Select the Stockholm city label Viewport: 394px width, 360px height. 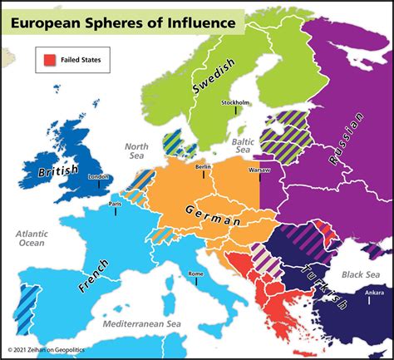coord(235,103)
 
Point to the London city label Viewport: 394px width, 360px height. coord(98,177)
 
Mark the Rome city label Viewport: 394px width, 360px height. coord(196,274)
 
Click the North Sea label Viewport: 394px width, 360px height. coord(135,150)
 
